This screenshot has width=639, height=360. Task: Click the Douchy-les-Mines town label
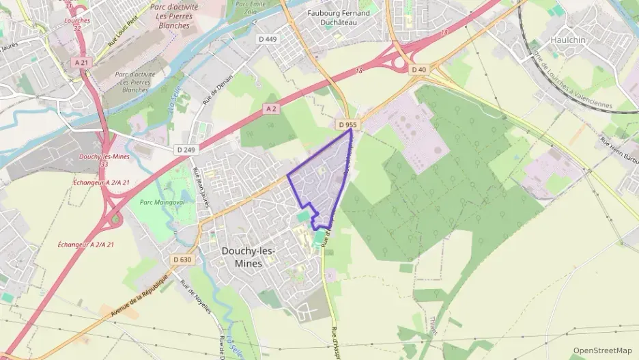click(x=248, y=257)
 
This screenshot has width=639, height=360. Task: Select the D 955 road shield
click(x=347, y=125)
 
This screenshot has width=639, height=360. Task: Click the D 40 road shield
click(x=418, y=70)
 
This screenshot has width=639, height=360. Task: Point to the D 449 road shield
click(x=268, y=39)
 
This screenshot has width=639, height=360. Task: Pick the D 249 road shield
click(x=185, y=150)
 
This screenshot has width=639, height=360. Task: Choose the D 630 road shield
click(x=182, y=260)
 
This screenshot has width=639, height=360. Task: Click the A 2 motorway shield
click(x=272, y=109)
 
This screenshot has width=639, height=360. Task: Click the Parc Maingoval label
click(x=158, y=201)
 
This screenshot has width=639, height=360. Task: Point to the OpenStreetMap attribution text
click(x=602, y=350)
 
